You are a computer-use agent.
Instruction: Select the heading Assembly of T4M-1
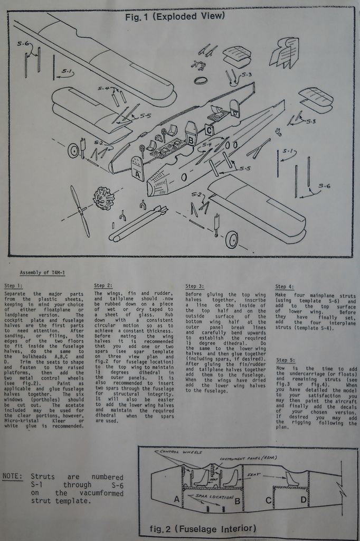pyautogui.click(x=42, y=273)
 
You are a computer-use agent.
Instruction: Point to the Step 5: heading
pyautogui.click(x=285, y=359)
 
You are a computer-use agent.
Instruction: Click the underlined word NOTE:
pyautogui.click(x=13, y=477)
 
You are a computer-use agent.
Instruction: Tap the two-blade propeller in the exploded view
pyautogui.click(x=80, y=211)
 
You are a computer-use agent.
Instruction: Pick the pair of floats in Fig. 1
pyautogui.click(x=138, y=222)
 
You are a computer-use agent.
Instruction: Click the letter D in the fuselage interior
pyautogui.click(x=304, y=499)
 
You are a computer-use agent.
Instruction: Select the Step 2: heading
pyautogui.click(x=103, y=285)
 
